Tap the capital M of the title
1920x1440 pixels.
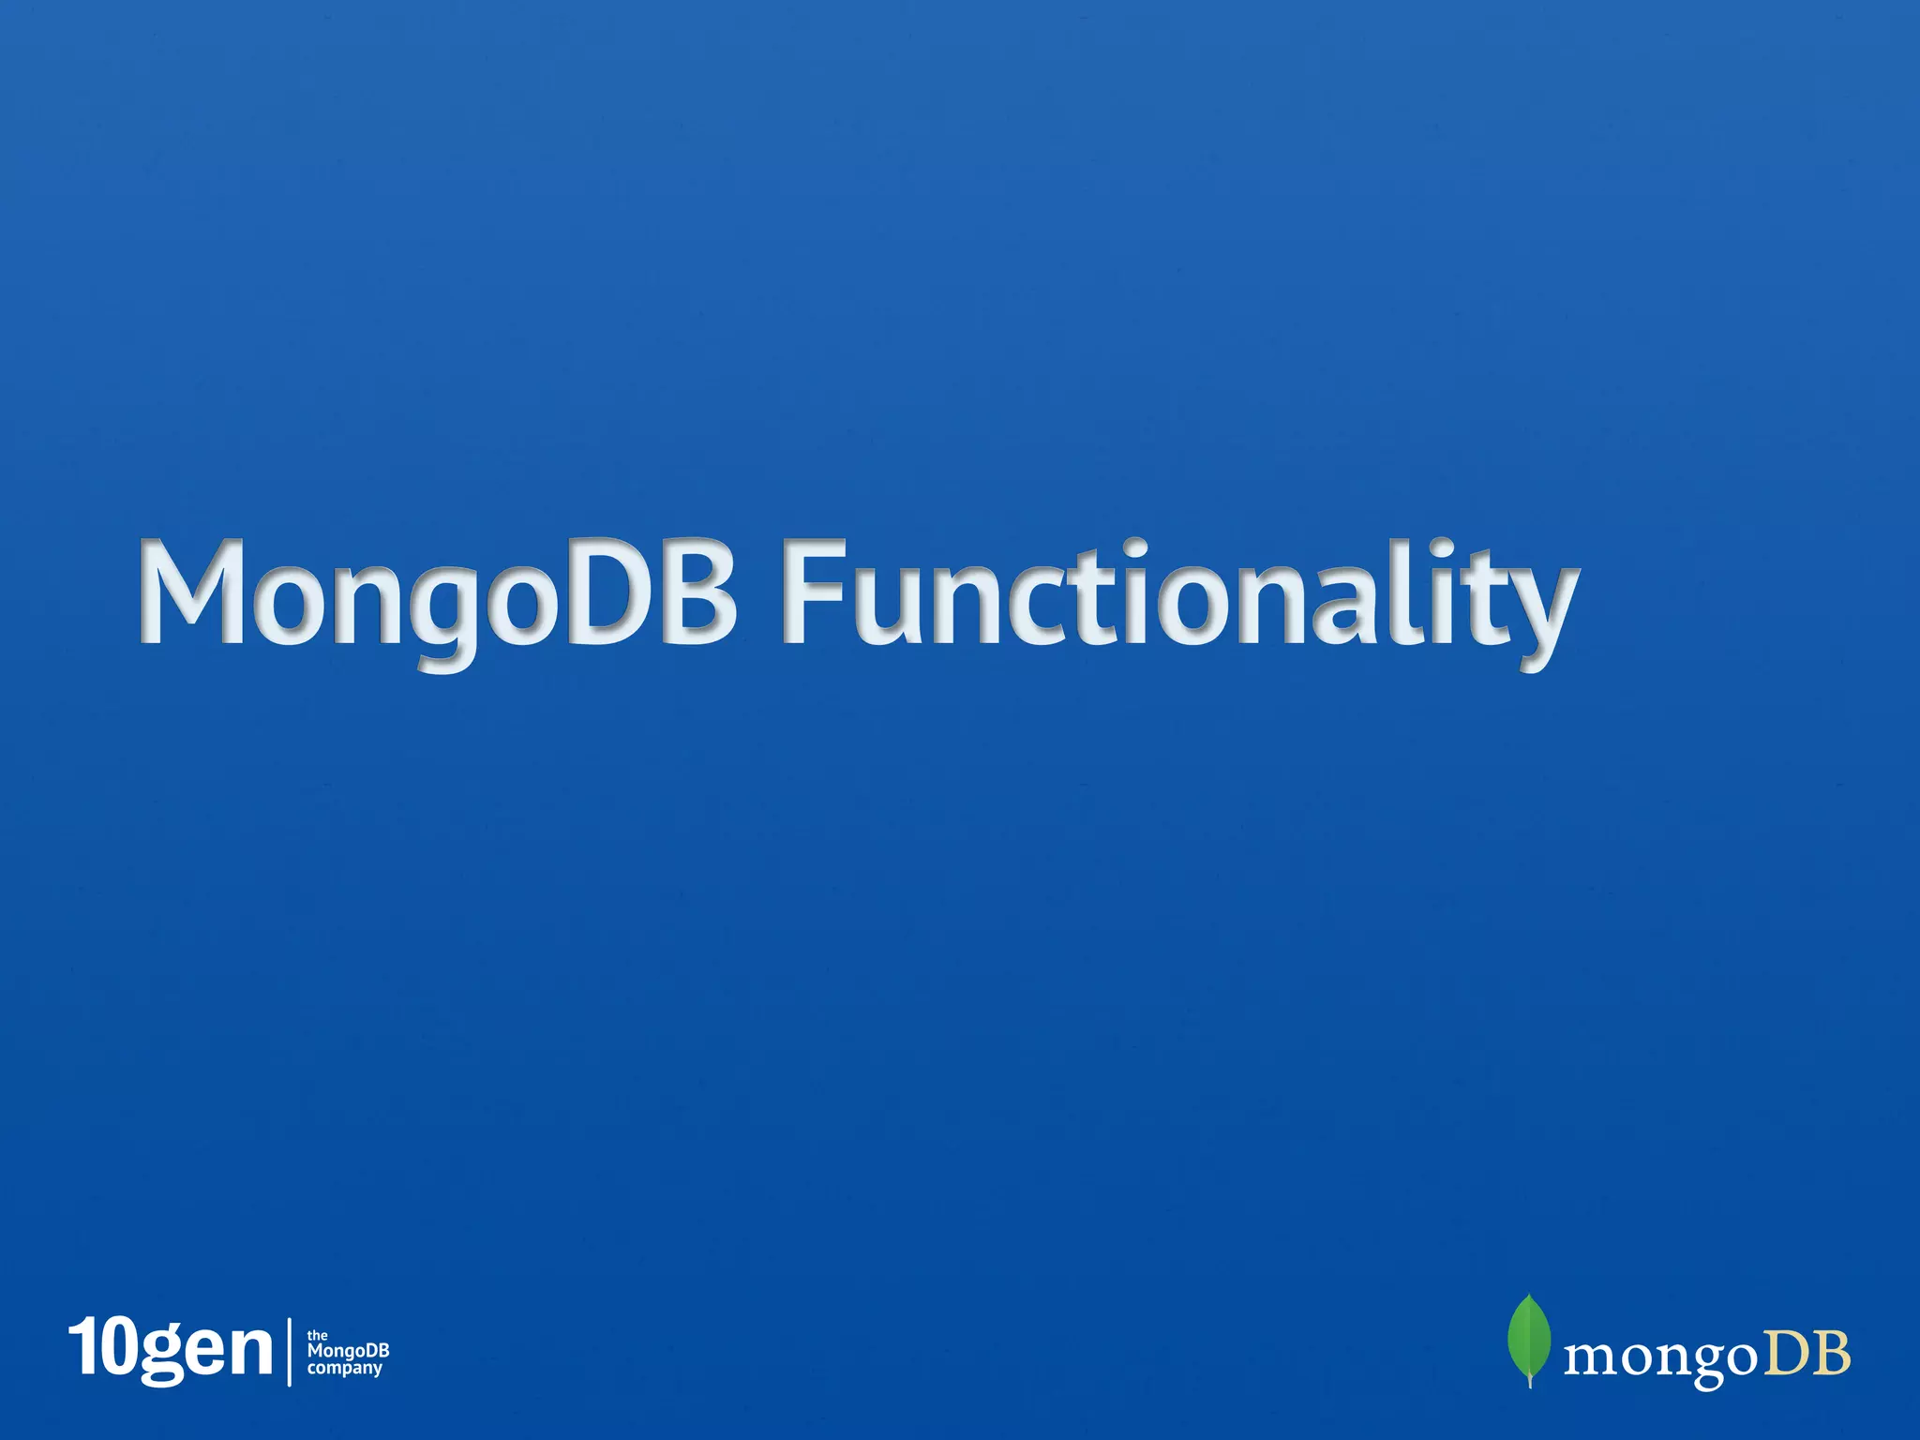tap(192, 592)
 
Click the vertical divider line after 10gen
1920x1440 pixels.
tap(290, 1351)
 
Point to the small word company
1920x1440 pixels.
tap(345, 1369)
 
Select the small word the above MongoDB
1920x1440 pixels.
tap(318, 1335)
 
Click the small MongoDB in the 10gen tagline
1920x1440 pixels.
tap(348, 1351)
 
